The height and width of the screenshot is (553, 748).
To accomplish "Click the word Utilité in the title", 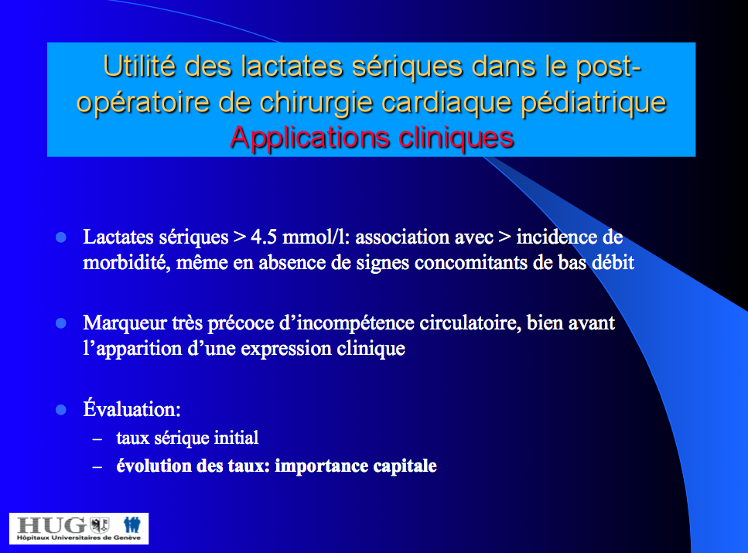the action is (139, 66).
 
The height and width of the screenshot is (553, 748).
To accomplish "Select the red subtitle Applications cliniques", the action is (371, 138).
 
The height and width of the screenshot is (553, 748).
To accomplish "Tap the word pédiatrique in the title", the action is (593, 104).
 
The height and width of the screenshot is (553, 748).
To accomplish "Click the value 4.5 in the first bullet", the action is (263, 237).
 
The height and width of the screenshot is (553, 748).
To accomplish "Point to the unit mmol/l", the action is (316, 237).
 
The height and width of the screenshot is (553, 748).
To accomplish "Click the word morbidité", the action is (126, 263).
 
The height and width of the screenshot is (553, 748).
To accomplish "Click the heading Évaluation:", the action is (131, 409).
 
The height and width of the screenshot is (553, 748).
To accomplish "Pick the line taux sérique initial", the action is (187, 438).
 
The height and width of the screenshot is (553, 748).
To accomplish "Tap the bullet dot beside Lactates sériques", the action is (61, 237).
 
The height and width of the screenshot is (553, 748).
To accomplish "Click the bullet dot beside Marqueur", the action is (61, 323).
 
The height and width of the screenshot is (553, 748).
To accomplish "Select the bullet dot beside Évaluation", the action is (61, 410).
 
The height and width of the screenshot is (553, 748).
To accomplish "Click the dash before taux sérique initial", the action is (97, 439).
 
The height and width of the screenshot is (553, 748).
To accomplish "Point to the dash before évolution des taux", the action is (97, 466).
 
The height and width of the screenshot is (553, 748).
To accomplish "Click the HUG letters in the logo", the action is (52, 525).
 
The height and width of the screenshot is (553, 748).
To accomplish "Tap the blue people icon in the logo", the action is (132, 525).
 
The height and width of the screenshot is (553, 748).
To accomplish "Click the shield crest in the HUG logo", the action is (100, 525).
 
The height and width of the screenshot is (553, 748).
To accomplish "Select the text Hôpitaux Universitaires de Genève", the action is (79, 538).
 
